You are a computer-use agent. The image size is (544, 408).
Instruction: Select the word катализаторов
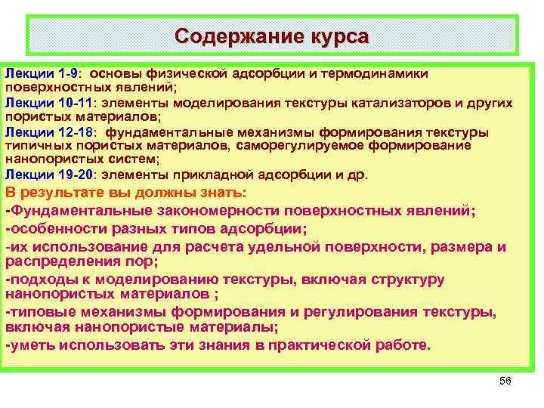tap(406, 103)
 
